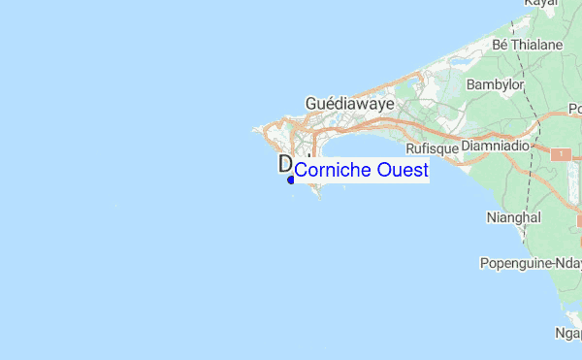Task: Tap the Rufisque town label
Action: click(430, 148)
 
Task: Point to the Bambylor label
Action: click(495, 84)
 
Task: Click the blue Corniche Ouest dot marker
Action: click(291, 180)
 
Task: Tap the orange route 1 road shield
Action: click(561, 153)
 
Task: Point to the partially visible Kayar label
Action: click(541, 4)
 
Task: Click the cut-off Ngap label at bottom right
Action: click(568, 333)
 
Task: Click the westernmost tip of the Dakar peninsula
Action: click(256, 128)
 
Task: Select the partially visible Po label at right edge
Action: click(574, 108)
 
